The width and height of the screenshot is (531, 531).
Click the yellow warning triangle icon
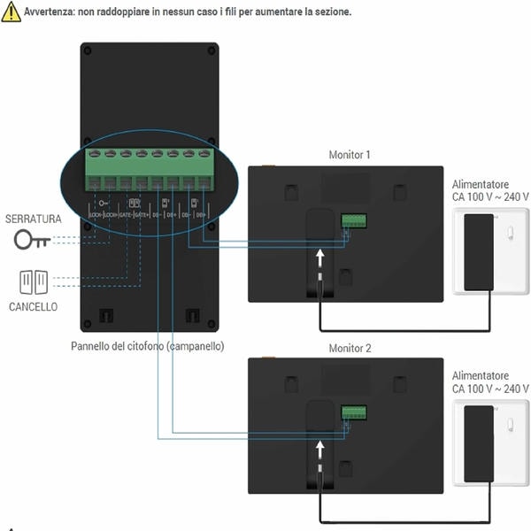[x=11, y=12]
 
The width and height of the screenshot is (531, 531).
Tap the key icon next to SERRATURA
[x=32, y=240]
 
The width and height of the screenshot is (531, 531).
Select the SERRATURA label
[x=33, y=218]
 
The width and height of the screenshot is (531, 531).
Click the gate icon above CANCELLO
[x=34, y=281]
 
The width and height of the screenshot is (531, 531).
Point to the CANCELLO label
[x=34, y=306]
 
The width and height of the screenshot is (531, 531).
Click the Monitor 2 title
[x=350, y=348]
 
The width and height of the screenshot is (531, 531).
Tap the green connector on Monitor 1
[x=354, y=219]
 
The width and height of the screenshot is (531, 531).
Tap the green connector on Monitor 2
[x=354, y=412]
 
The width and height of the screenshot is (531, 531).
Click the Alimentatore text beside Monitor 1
[x=480, y=183]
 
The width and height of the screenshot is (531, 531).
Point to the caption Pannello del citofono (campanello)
[x=148, y=346]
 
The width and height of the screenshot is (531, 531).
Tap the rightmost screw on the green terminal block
[x=205, y=154]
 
